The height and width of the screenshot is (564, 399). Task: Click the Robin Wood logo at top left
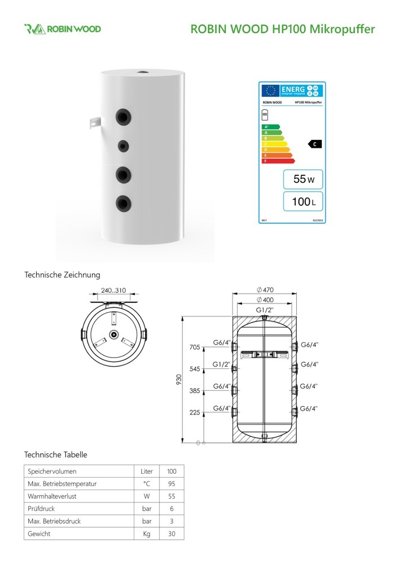[x=62, y=29]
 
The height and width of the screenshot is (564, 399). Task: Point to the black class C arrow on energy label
[x=314, y=144]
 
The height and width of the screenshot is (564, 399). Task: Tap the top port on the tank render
[x=143, y=73]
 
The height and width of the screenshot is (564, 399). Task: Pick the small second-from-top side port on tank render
[x=122, y=146]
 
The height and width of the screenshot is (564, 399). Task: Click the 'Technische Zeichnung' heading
[x=62, y=275]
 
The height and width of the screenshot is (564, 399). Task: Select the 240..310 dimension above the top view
[x=113, y=292]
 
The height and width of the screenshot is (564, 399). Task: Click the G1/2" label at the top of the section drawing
[x=265, y=310]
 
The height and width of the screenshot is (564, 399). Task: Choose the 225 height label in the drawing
[x=194, y=412]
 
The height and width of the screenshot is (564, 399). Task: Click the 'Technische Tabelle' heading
[x=55, y=454]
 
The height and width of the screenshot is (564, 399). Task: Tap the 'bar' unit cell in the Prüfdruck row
[x=146, y=509]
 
